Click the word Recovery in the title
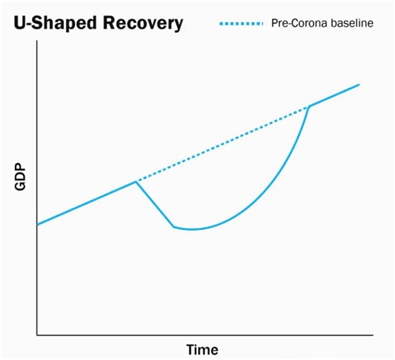click(142, 23)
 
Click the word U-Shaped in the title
click(55, 23)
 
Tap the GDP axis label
click(20, 177)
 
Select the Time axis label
click(202, 350)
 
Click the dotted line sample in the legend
click(241, 24)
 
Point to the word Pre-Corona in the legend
click(299, 23)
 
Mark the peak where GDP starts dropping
click(136, 182)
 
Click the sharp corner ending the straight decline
click(174, 227)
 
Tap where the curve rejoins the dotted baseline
click(309, 107)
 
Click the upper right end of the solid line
click(359, 84)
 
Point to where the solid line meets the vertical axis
click(37, 225)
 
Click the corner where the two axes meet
click(37, 335)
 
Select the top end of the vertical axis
click(37, 41)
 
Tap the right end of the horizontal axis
click(373, 335)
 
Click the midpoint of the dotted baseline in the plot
click(223, 144)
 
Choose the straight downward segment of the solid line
click(155, 204)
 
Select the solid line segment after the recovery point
click(334, 96)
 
